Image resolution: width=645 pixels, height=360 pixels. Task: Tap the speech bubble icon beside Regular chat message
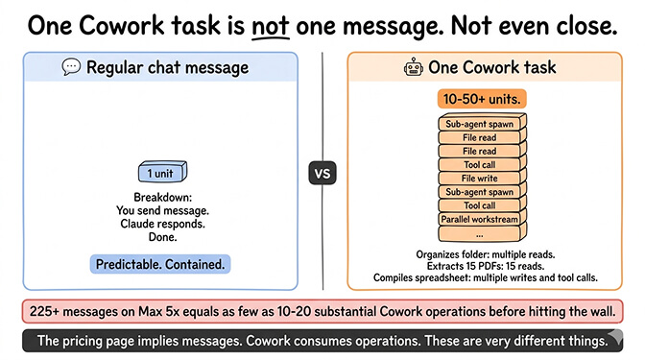pyautogui.click(x=70, y=67)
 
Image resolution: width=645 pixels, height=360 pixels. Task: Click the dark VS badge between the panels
pyautogui.click(x=322, y=175)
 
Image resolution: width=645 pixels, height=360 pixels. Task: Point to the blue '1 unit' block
pyautogui.click(x=161, y=173)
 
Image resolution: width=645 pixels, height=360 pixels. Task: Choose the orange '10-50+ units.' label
pyautogui.click(x=479, y=98)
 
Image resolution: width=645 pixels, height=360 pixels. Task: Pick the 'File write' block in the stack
pyautogui.click(x=479, y=178)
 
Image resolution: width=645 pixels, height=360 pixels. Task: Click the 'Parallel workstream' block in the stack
pyautogui.click(x=479, y=219)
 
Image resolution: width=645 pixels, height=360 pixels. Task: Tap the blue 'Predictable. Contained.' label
pyautogui.click(x=162, y=263)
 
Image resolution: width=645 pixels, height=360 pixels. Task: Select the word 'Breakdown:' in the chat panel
pyautogui.click(x=162, y=198)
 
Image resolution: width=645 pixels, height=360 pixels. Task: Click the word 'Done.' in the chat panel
pyautogui.click(x=162, y=236)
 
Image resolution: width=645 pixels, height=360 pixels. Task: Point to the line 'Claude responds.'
pyautogui.click(x=162, y=224)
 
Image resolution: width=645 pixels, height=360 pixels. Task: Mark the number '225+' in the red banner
pyautogui.click(x=47, y=312)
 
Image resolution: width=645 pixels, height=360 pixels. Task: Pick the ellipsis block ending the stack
pyautogui.click(x=479, y=233)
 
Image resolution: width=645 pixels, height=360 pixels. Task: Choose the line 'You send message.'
pyautogui.click(x=162, y=211)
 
